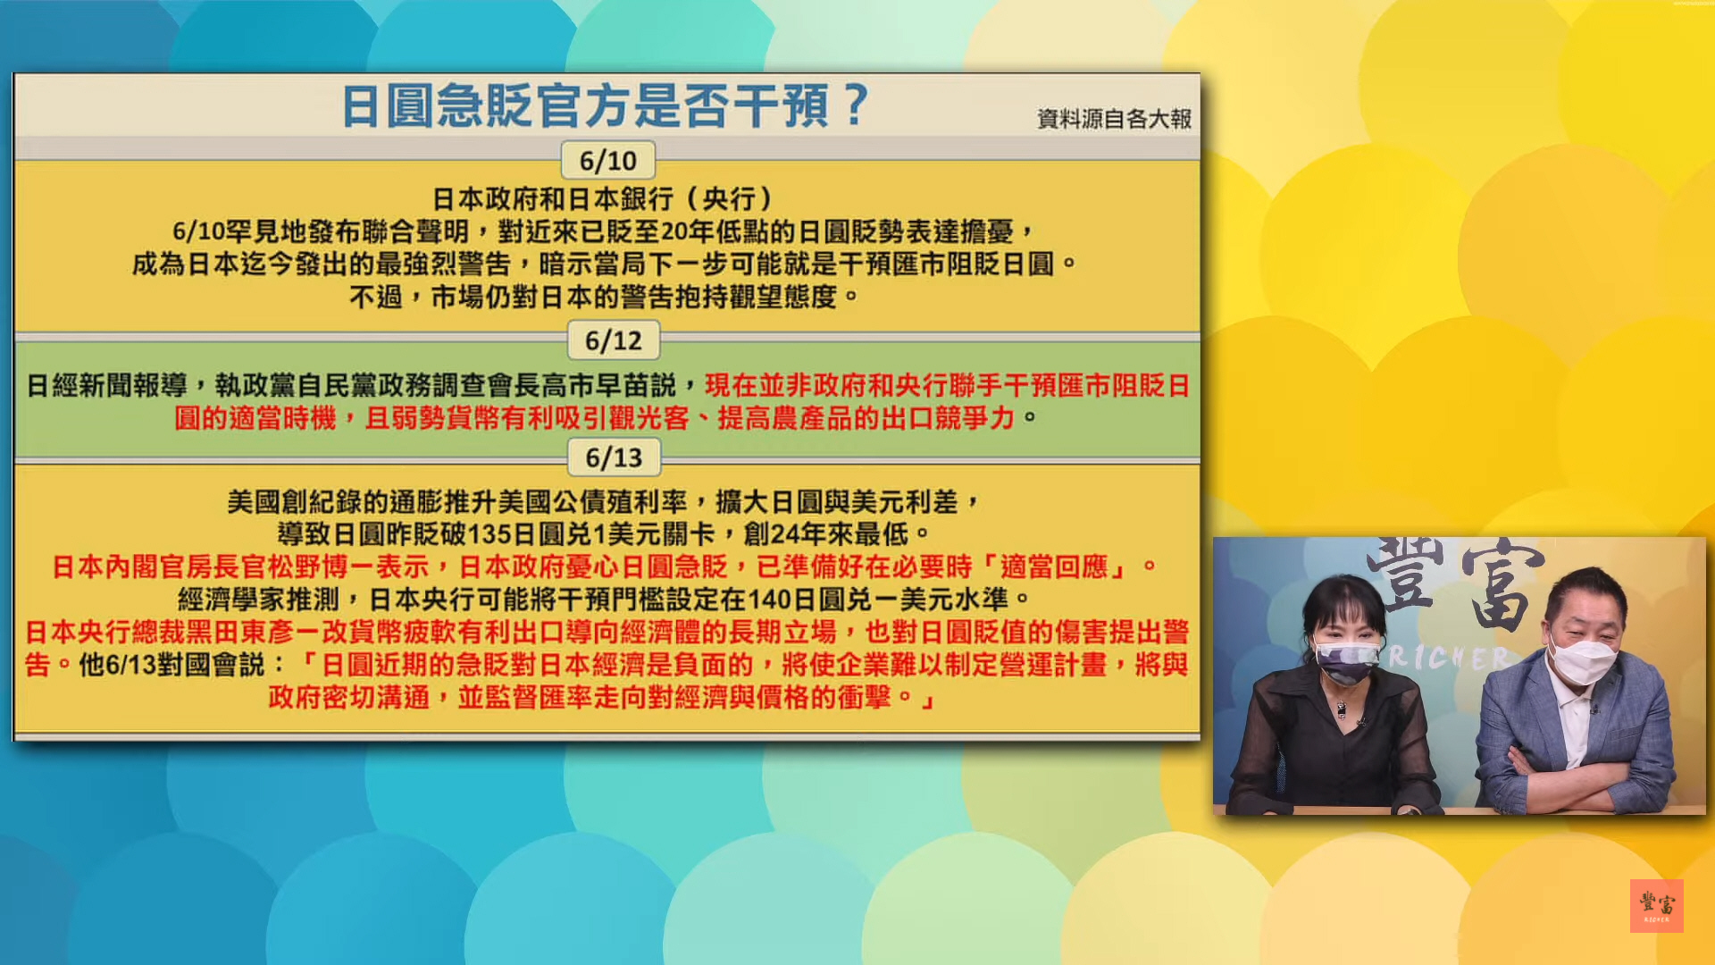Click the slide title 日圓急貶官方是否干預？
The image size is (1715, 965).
(x=605, y=105)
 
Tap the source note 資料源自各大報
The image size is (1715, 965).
(x=1114, y=119)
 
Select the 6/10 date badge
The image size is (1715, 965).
(x=608, y=161)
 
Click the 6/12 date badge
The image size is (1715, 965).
(x=614, y=340)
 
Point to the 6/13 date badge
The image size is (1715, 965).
(x=614, y=457)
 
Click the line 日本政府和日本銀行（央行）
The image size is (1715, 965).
(x=604, y=198)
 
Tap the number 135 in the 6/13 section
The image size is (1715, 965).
(x=489, y=534)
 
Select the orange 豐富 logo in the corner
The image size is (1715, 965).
(x=1657, y=906)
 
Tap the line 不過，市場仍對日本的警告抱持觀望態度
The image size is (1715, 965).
(x=604, y=297)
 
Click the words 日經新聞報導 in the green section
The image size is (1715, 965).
(x=106, y=385)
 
